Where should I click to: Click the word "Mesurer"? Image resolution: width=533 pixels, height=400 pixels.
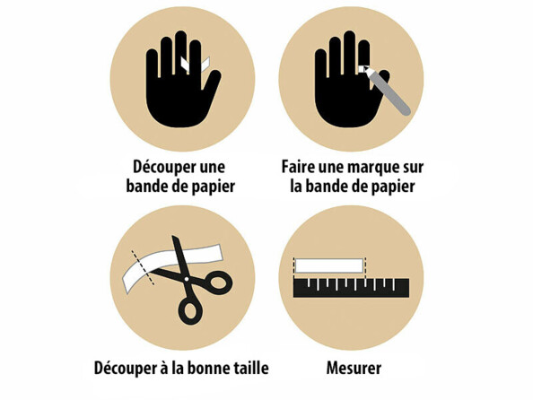pyautogui.click(x=354, y=368)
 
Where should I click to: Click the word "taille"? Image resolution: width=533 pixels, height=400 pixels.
pyautogui.click(x=251, y=368)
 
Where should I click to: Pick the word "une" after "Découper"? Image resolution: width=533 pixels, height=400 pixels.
pyautogui.click(x=213, y=168)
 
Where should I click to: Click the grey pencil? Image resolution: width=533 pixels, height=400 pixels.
pyautogui.click(x=387, y=91)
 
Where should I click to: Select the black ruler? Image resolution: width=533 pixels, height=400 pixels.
pyautogui.click(x=351, y=288)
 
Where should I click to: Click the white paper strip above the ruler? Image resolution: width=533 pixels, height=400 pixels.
pyautogui.click(x=329, y=265)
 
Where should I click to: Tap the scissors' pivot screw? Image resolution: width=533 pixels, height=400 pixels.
pyautogui.click(x=187, y=279)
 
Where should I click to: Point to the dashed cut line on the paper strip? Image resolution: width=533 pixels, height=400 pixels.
pyautogui.click(x=143, y=268)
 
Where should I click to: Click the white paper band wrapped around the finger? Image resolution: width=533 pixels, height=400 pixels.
pyautogui.click(x=196, y=65)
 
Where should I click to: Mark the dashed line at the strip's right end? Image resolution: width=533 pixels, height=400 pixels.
pyautogui.click(x=365, y=268)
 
